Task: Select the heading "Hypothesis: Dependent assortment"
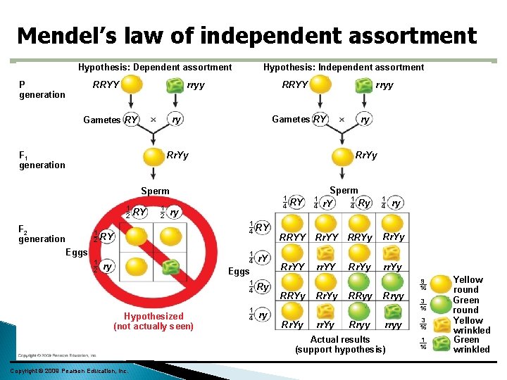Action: tap(155, 68)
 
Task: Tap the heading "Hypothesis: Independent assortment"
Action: tap(344, 68)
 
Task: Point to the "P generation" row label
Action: tap(42, 89)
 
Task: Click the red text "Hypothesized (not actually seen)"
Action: tap(153, 322)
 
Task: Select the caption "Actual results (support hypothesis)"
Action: tap(339, 345)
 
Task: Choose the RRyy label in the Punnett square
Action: tap(360, 296)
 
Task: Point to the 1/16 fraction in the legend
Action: tap(423, 343)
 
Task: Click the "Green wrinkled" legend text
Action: tap(471, 344)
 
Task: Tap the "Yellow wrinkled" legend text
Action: tap(471, 325)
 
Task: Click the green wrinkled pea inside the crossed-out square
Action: tap(170, 267)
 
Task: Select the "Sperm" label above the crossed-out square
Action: tap(155, 191)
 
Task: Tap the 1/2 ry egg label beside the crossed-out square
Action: tap(103, 267)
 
